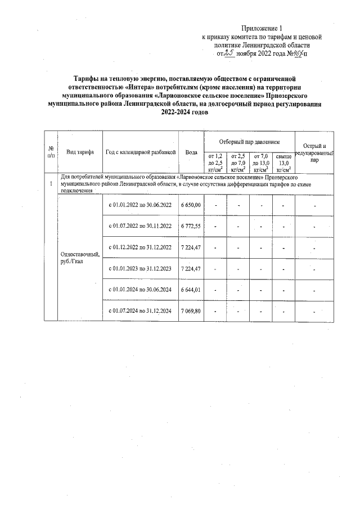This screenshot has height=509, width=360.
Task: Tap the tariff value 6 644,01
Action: coord(191,290)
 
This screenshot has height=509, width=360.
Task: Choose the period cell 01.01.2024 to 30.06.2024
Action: coord(139,290)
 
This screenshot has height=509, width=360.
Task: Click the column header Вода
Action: coord(191,152)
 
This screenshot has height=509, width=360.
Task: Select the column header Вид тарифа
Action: coord(80,152)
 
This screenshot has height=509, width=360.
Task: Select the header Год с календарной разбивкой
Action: coord(141,152)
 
